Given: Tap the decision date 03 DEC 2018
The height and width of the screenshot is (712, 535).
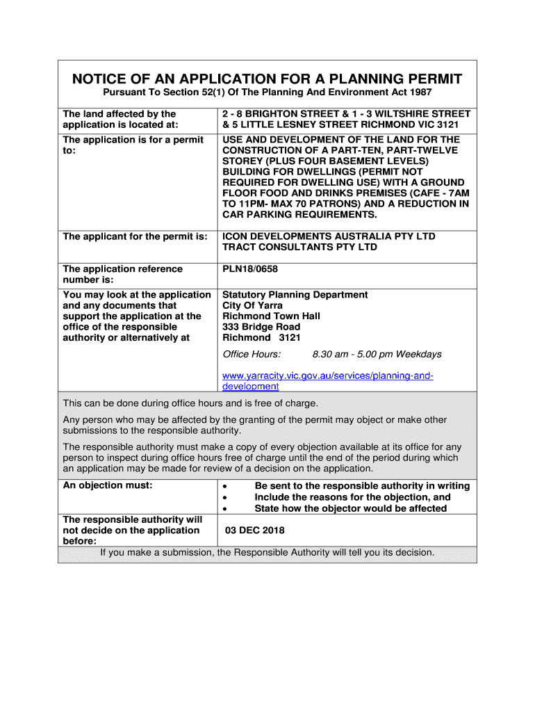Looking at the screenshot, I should click(255, 531).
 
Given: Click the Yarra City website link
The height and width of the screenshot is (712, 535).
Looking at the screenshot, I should click(327, 381).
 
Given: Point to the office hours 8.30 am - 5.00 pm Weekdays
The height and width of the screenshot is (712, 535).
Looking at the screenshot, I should click(377, 354).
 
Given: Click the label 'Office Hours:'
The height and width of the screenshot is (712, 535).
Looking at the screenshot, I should click(252, 354).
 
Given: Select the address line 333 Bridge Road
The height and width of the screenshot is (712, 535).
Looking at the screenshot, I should click(261, 327).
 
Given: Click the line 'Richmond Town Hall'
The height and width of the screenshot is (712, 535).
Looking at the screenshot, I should click(271, 316).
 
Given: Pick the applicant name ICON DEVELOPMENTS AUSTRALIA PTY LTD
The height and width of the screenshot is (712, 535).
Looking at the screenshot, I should click(329, 236).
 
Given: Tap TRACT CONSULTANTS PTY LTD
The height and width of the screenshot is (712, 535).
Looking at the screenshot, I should click(299, 248).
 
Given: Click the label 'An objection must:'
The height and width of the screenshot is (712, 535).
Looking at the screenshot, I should click(108, 486).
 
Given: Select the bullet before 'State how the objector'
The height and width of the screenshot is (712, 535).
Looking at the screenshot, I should click(224, 510).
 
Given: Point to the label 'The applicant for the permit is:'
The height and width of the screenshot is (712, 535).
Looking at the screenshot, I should click(135, 236).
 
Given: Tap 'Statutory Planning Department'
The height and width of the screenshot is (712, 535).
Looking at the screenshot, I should click(295, 295).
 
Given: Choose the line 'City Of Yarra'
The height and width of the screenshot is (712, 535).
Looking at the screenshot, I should click(252, 305).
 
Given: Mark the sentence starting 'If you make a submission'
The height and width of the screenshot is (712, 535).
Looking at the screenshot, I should click(267, 553).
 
